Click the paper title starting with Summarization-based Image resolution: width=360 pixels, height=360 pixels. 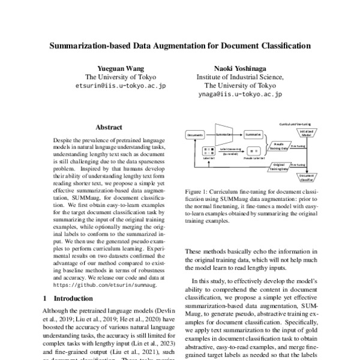[x=180, y=45]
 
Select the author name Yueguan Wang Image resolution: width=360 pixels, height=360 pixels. [x=121, y=68]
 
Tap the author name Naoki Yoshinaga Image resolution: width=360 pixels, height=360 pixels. [x=240, y=68]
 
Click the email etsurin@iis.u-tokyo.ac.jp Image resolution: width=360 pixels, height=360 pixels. [x=121, y=86]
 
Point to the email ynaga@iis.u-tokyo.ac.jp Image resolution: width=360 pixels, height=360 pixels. [x=240, y=94]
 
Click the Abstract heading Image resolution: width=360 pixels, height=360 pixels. [x=109, y=127]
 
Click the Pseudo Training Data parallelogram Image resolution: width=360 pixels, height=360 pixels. [x=279, y=146]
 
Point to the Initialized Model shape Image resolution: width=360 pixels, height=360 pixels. [x=305, y=134]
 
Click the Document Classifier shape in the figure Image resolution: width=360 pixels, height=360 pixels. [x=306, y=176]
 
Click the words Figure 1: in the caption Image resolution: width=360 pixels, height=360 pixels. [x=196, y=191]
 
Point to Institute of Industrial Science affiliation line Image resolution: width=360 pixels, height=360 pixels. [x=240, y=77]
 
